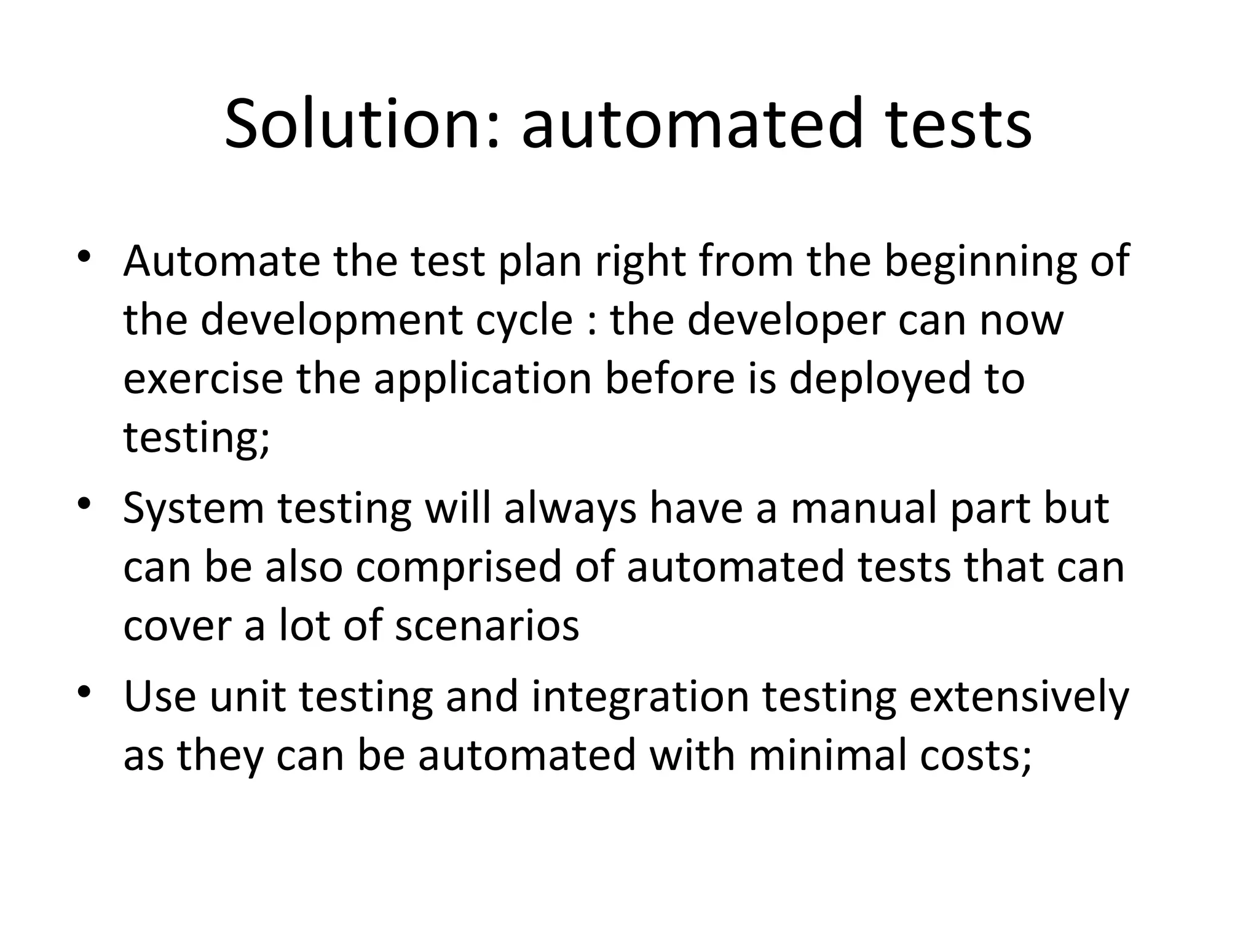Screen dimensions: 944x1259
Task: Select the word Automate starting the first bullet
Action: pos(221,261)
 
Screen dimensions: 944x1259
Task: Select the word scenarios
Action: pos(486,626)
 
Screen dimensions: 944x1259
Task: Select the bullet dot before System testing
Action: pos(84,505)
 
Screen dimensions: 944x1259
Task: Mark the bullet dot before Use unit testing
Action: pos(84,693)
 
